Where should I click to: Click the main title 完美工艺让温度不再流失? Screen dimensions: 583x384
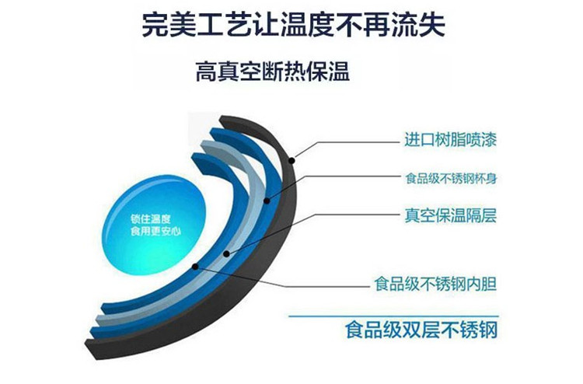pos(293,26)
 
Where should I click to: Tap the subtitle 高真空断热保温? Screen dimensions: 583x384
pos(273,72)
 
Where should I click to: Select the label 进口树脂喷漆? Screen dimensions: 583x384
pos(451,140)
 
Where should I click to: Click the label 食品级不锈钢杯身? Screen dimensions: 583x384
pos(451,179)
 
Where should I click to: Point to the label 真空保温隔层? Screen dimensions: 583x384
pos(451,215)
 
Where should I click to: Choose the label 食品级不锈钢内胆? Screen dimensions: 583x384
pos(435,285)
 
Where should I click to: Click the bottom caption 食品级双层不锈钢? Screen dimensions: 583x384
pos(421,330)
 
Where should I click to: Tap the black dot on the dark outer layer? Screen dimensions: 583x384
pos(291,161)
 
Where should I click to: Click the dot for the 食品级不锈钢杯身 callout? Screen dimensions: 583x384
pos(267,201)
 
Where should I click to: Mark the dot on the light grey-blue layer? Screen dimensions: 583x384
pos(226,253)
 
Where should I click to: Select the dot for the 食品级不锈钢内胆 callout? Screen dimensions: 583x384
pos(195,266)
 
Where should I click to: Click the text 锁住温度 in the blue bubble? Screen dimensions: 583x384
pos(151,219)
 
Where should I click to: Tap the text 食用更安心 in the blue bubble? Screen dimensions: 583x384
pos(155,232)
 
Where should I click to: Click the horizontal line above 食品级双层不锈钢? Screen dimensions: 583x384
pos(393,316)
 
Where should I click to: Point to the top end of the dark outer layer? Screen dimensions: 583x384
pos(222,119)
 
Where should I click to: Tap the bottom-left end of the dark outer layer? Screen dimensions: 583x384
pos(90,350)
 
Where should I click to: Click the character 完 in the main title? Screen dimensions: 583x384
pos(155,26)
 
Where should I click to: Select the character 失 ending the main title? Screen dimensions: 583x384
pos(432,26)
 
